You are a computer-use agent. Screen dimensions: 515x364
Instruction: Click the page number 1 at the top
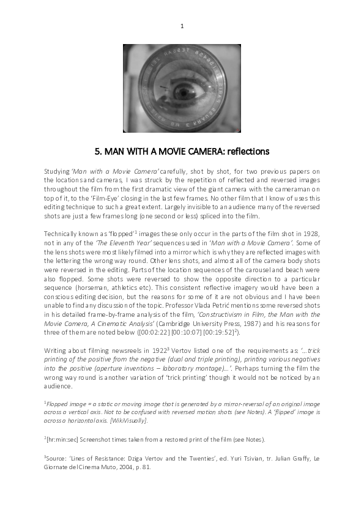coord(182,26)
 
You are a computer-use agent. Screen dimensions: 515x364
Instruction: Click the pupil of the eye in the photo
coord(183,94)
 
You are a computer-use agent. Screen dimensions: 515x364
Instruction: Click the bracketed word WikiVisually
coord(128,421)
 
